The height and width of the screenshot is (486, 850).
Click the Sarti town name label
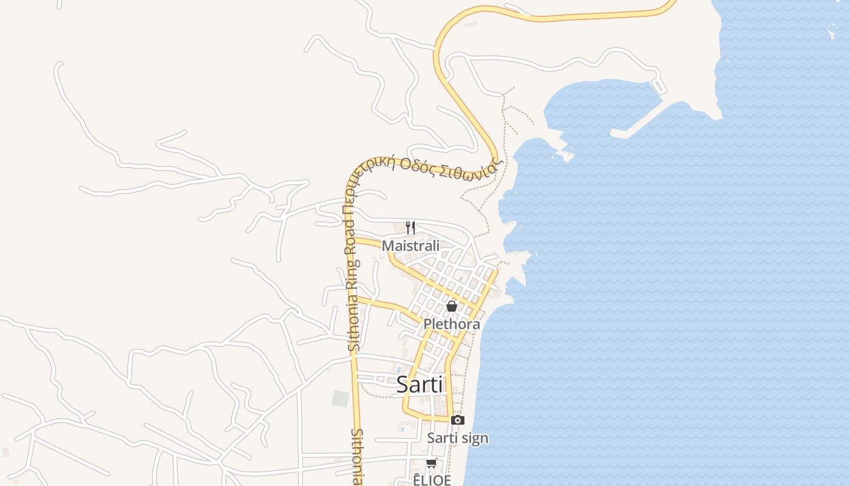(420, 384)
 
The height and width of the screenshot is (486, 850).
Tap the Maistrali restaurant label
(410, 246)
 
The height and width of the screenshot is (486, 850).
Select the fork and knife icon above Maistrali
(410, 228)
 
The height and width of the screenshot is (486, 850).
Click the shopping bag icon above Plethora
(452, 306)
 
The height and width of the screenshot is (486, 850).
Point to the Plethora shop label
(452, 324)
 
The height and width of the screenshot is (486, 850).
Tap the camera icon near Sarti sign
(458, 420)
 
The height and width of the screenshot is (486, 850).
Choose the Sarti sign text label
(457, 438)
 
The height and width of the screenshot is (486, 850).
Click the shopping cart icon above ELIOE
(431, 464)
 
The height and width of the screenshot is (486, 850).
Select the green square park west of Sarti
(340, 399)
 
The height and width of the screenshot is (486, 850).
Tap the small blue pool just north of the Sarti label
(398, 369)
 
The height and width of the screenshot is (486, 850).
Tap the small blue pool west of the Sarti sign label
(401, 428)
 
